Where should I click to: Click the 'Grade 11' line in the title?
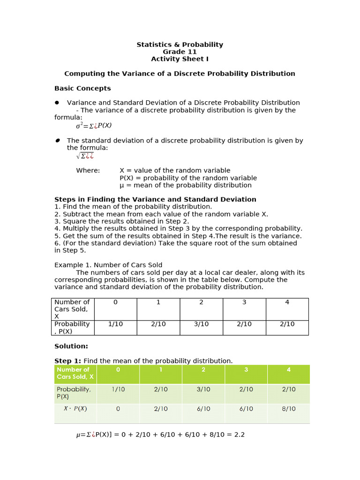[x=180, y=52]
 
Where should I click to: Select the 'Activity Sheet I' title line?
[x=180, y=59]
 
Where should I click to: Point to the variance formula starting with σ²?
[x=94, y=126]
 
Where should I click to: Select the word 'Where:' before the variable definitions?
[x=88, y=171]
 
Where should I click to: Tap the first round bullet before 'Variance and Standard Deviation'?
[x=57, y=103]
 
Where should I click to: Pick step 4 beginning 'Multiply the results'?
[x=178, y=228]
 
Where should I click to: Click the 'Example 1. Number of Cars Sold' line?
[x=108, y=265]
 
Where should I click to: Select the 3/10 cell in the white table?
[x=201, y=324]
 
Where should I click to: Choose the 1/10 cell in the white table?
[x=115, y=324]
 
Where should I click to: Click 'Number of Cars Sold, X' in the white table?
[x=72, y=309]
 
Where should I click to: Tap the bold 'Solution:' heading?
[x=71, y=346]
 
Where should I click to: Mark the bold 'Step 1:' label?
[x=68, y=360]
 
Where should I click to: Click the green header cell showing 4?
[x=288, y=370]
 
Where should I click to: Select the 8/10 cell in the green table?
[x=288, y=409]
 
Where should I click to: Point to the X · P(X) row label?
[x=75, y=408]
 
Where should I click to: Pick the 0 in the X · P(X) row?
[x=118, y=409]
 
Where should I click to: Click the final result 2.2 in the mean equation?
[x=239, y=435]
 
